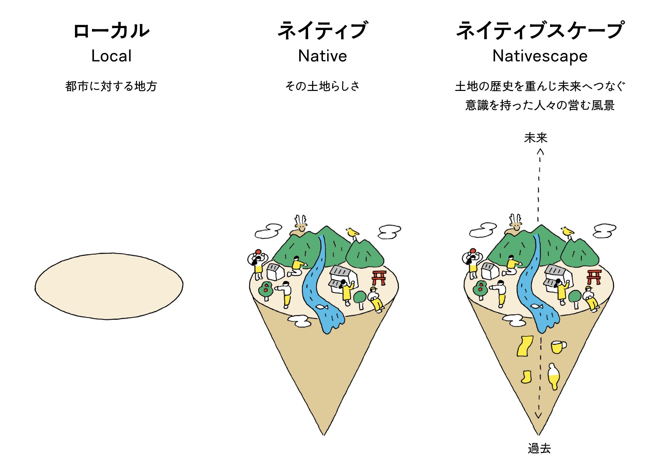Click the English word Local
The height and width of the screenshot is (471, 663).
point(111,56)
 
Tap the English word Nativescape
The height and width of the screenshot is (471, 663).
point(540,56)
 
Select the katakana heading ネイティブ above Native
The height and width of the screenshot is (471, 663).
point(323,31)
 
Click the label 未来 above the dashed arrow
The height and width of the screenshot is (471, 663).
point(535,138)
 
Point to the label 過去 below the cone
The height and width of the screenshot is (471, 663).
point(539,448)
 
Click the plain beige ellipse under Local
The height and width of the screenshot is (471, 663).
point(109,286)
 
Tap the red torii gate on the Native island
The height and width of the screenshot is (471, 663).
point(379,277)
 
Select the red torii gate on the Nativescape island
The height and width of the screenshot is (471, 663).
point(594,277)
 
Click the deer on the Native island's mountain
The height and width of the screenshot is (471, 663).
point(301,225)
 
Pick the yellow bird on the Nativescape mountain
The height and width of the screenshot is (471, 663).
point(567,231)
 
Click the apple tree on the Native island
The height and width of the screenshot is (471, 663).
point(266,290)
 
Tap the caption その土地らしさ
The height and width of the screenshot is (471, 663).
point(323,86)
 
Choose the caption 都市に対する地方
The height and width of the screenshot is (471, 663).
point(111,86)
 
